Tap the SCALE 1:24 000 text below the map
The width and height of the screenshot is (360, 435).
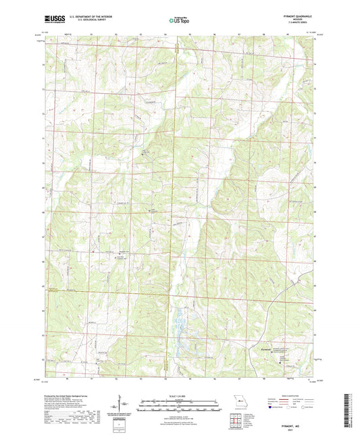coord(179,396)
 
